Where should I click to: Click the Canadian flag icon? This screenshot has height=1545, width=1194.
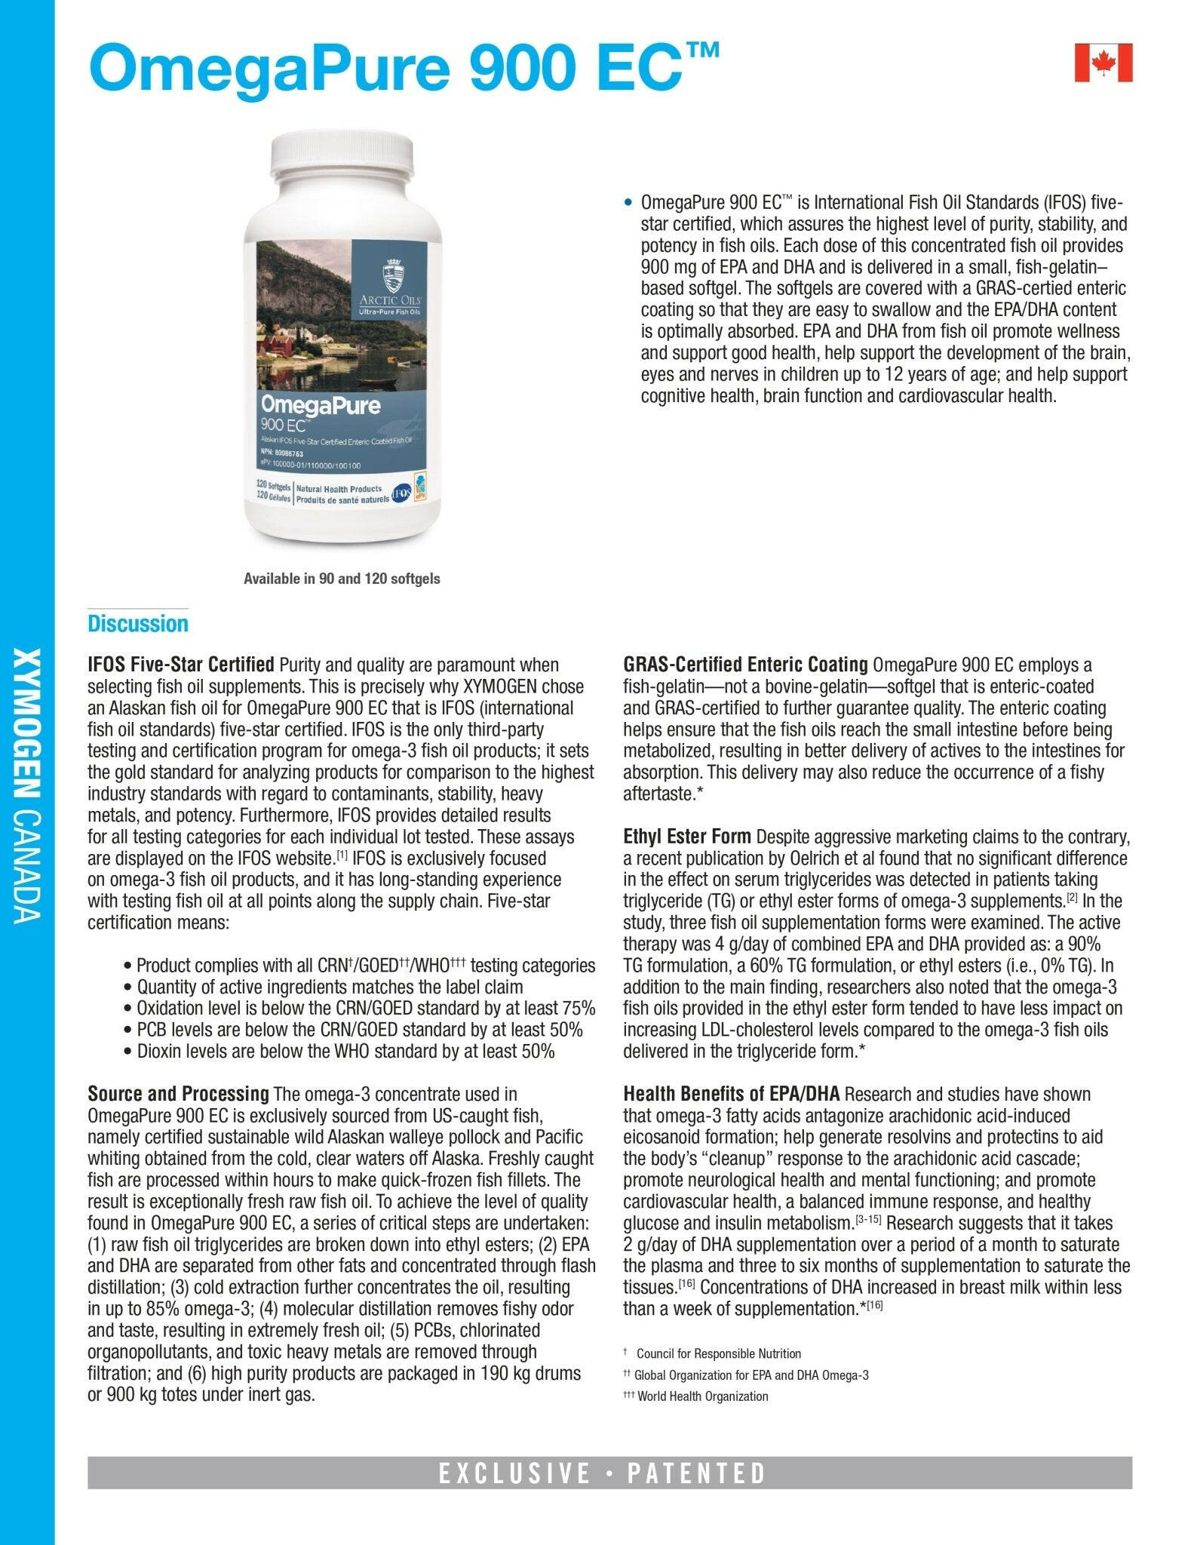click(1103, 63)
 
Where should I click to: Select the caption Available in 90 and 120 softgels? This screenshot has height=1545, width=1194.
click(342, 579)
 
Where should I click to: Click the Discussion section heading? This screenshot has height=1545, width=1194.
click(137, 624)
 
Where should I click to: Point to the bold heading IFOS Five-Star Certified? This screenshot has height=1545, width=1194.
click(181, 665)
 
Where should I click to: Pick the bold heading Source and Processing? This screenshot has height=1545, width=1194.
click(178, 1094)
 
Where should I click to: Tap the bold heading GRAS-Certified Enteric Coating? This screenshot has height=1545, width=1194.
click(745, 665)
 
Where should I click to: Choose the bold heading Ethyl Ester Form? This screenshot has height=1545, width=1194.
click(686, 837)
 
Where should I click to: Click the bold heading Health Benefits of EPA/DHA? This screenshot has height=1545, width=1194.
click(732, 1094)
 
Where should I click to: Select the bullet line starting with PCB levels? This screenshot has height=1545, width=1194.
click(360, 1030)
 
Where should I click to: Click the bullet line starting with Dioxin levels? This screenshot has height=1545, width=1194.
click(346, 1051)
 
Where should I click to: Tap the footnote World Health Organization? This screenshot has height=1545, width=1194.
click(702, 1396)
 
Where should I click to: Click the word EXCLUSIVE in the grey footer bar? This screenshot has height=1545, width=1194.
click(514, 1473)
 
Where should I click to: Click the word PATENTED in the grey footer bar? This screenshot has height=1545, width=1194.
click(697, 1473)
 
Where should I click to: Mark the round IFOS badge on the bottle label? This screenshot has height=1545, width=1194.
click(401, 494)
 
